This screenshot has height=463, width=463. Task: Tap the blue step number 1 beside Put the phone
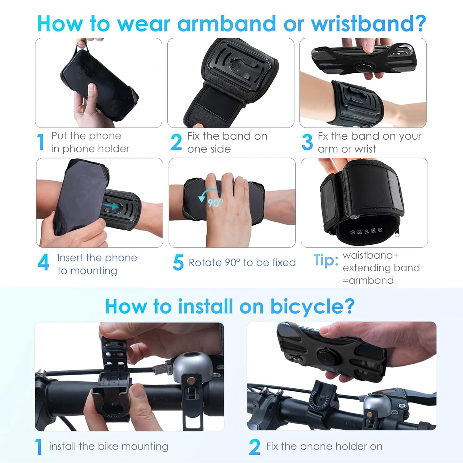(x=40, y=142)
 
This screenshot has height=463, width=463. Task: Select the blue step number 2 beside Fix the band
(x=176, y=142)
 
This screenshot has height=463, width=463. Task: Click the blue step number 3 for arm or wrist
(x=307, y=142)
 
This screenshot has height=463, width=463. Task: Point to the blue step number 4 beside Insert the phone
(x=43, y=263)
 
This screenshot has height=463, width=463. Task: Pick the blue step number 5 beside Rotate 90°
(x=178, y=263)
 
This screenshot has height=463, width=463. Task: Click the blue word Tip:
(x=326, y=260)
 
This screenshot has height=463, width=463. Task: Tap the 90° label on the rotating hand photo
(x=215, y=203)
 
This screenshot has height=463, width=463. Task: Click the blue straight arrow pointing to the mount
(x=111, y=205)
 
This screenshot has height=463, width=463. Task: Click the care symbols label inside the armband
(x=366, y=231)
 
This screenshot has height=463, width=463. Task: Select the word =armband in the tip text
(x=368, y=281)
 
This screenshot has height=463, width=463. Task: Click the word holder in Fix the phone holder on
(x=351, y=446)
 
